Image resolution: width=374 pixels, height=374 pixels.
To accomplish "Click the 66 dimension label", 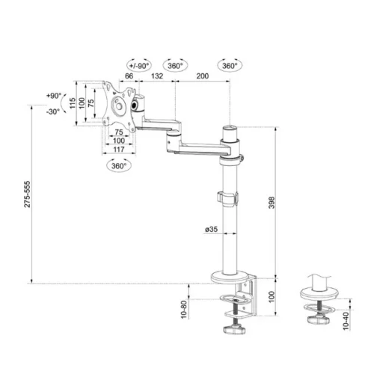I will pyautogui.click(x=129, y=76).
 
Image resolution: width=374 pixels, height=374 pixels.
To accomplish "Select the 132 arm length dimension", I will pyautogui.click(x=158, y=76).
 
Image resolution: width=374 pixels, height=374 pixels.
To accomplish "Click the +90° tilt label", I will pyautogui.click(x=54, y=96).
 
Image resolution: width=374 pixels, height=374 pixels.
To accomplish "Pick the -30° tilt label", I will pyautogui.click(x=54, y=111).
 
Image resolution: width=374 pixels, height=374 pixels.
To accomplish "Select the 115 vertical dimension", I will pyautogui.click(x=72, y=103).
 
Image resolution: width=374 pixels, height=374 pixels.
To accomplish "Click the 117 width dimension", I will pyautogui.click(x=118, y=149).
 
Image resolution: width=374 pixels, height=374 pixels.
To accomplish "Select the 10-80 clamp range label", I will pyautogui.click(x=183, y=308).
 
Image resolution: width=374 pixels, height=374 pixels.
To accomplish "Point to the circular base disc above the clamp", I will pyautogui.click(x=228, y=275).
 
